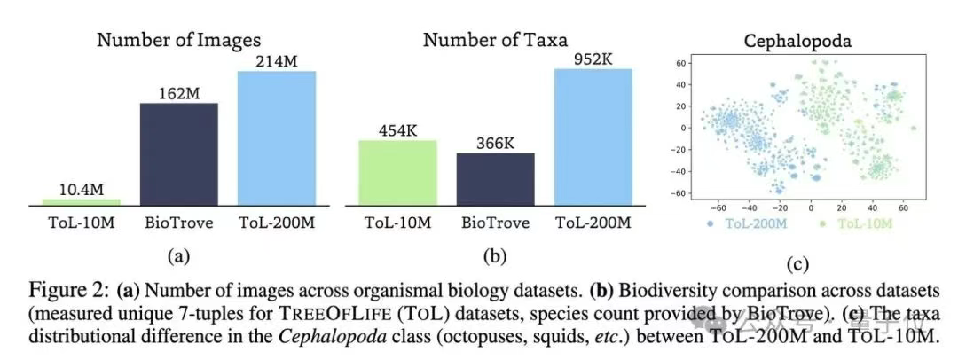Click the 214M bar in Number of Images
(x=278, y=138)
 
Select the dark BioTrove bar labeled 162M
(x=179, y=155)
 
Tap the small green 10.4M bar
(x=82, y=202)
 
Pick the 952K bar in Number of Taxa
(x=593, y=137)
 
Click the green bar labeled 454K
(x=397, y=173)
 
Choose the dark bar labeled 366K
(x=495, y=179)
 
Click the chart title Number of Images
(x=180, y=40)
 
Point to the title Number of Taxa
(x=495, y=40)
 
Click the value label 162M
(x=179, y=93)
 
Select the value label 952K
(x=593, y=59)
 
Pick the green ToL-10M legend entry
(x=851, y=223)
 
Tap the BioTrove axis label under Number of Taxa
(x=495, y=223)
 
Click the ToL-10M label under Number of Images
(x=82, y=223)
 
